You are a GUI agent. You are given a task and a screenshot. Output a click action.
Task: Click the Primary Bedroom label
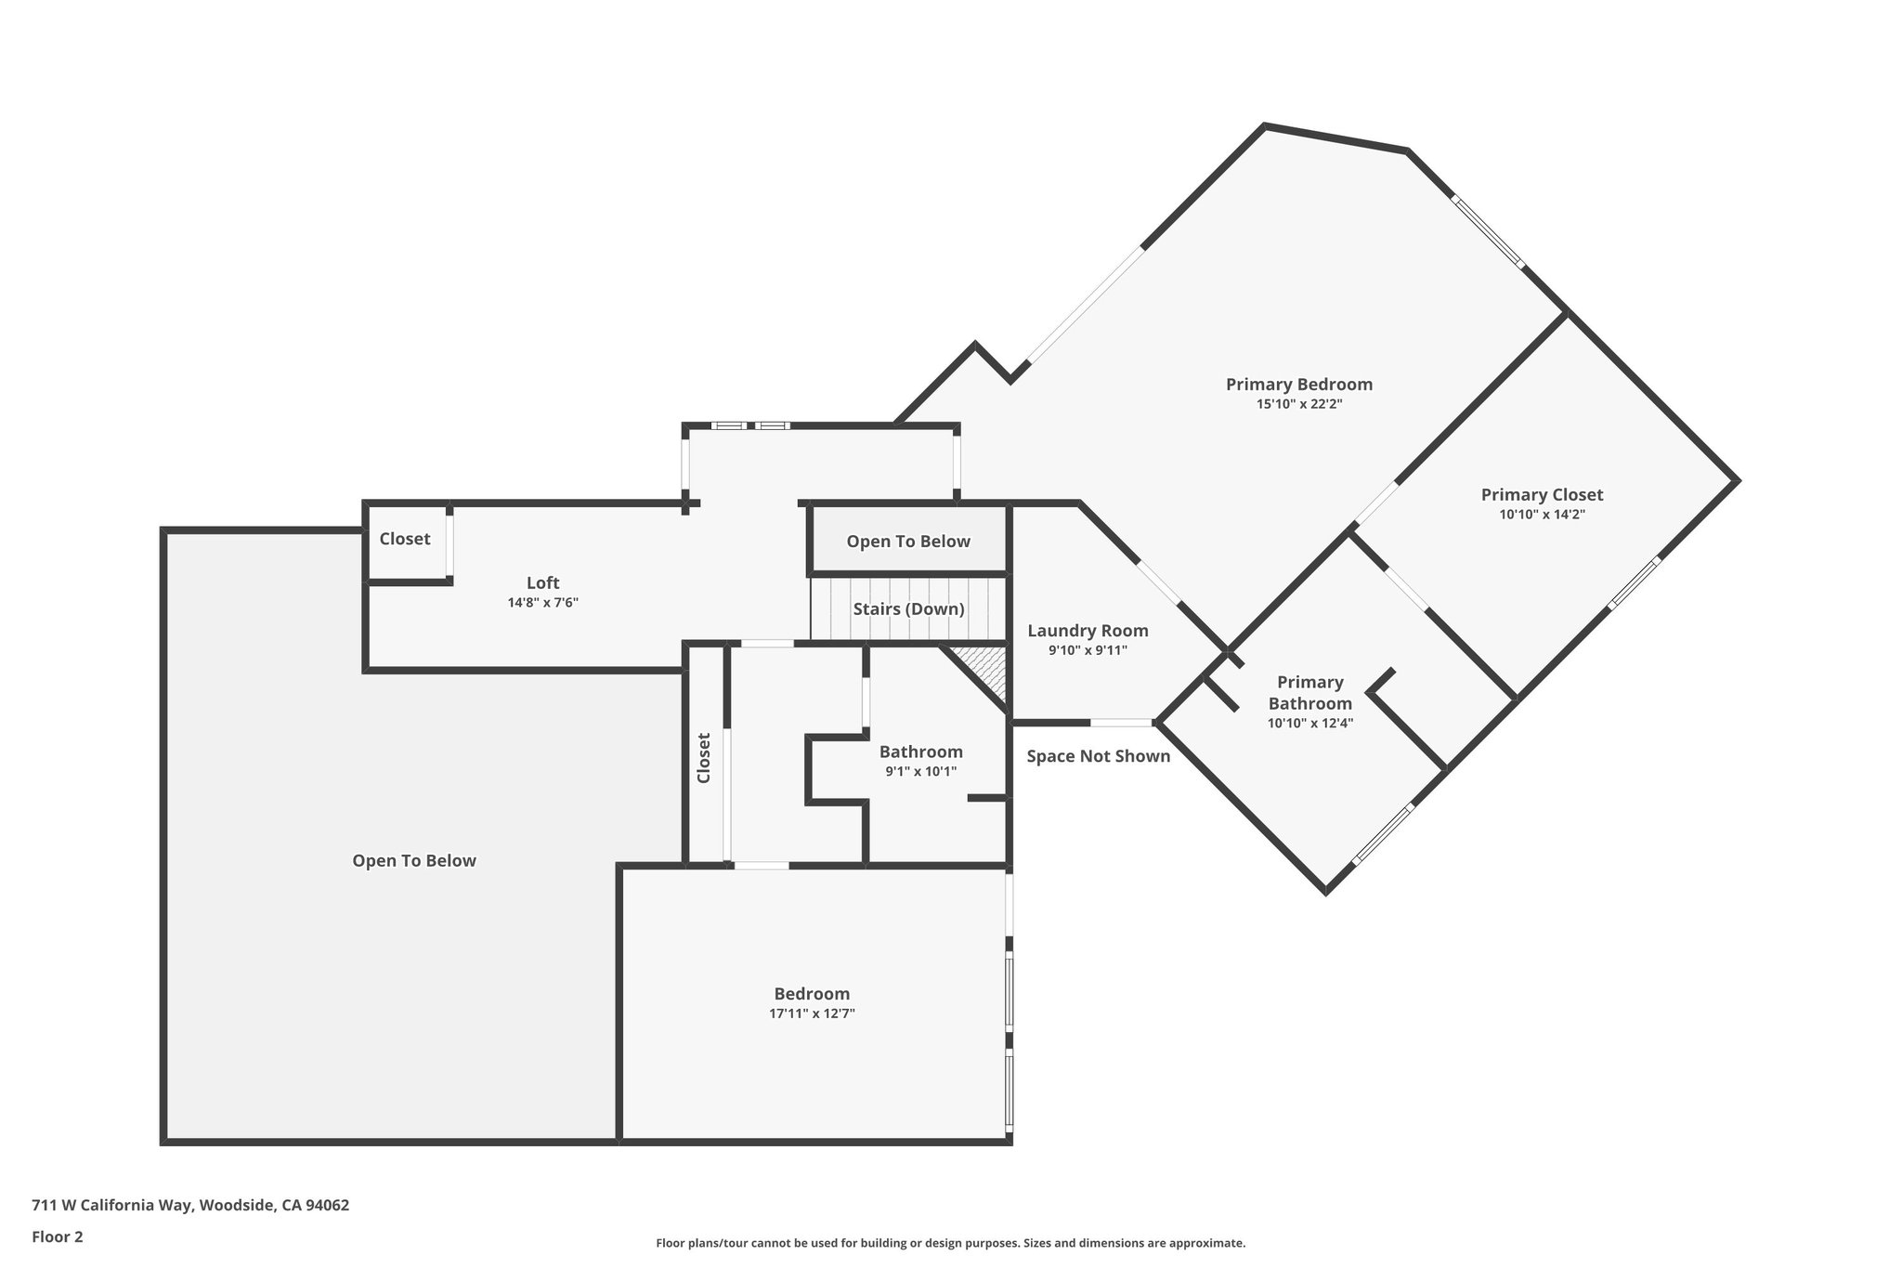pyautogui.click(x=1298, y=384)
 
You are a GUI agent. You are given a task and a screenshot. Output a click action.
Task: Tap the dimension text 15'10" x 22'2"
pyautogui.click(x=1298, y=404)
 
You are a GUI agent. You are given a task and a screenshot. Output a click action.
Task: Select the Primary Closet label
pyautogui.click(x=1542, y=494)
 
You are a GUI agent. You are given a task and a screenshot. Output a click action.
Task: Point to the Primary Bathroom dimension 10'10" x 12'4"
pyautogui.click(x=1309, y=723)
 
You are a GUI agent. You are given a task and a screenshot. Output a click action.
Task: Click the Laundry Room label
pyautogui.click(x=1088, y=631)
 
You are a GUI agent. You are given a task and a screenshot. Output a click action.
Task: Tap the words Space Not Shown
pyautogui.click(x=1098, y=756)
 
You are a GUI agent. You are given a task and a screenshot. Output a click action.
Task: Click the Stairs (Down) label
pyautogui.click(x=908, y=609)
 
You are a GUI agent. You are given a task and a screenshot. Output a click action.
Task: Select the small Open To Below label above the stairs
pyautogui.click(x=907, y=542)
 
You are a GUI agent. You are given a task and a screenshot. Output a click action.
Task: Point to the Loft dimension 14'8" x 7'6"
pyautogui.click(x=542, y=602)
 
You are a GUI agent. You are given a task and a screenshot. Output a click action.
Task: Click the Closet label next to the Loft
pyautogui.click(x=404, y=539)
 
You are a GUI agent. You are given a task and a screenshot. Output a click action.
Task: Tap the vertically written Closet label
pyautogui.click(x=703, y=758)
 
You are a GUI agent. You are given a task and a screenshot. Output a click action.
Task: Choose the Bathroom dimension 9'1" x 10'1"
pyautogui.click(x=920, y=771)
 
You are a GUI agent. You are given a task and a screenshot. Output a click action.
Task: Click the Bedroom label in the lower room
pyautogui.click(x=812, y=994)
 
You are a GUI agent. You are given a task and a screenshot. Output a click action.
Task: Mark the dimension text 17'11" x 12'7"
pyautogui.click(x=812, y=1013)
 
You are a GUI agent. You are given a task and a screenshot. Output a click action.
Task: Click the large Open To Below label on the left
pyautogui.click(x=413, y=861)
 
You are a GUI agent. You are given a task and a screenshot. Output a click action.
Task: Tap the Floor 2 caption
pyautogui.click(x=58, y=1236)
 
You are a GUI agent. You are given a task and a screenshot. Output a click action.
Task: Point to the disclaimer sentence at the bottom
pyautogui.click(x=950, y=1243)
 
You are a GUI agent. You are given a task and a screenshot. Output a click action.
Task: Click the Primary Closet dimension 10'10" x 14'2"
pyautogui.click(x=1542, y=514)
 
